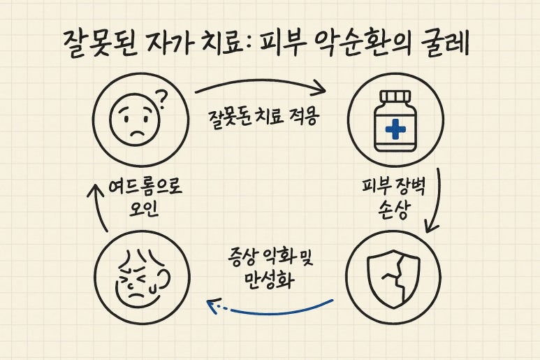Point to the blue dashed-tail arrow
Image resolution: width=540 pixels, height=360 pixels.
pyautogui.click(x=272, y=307)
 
